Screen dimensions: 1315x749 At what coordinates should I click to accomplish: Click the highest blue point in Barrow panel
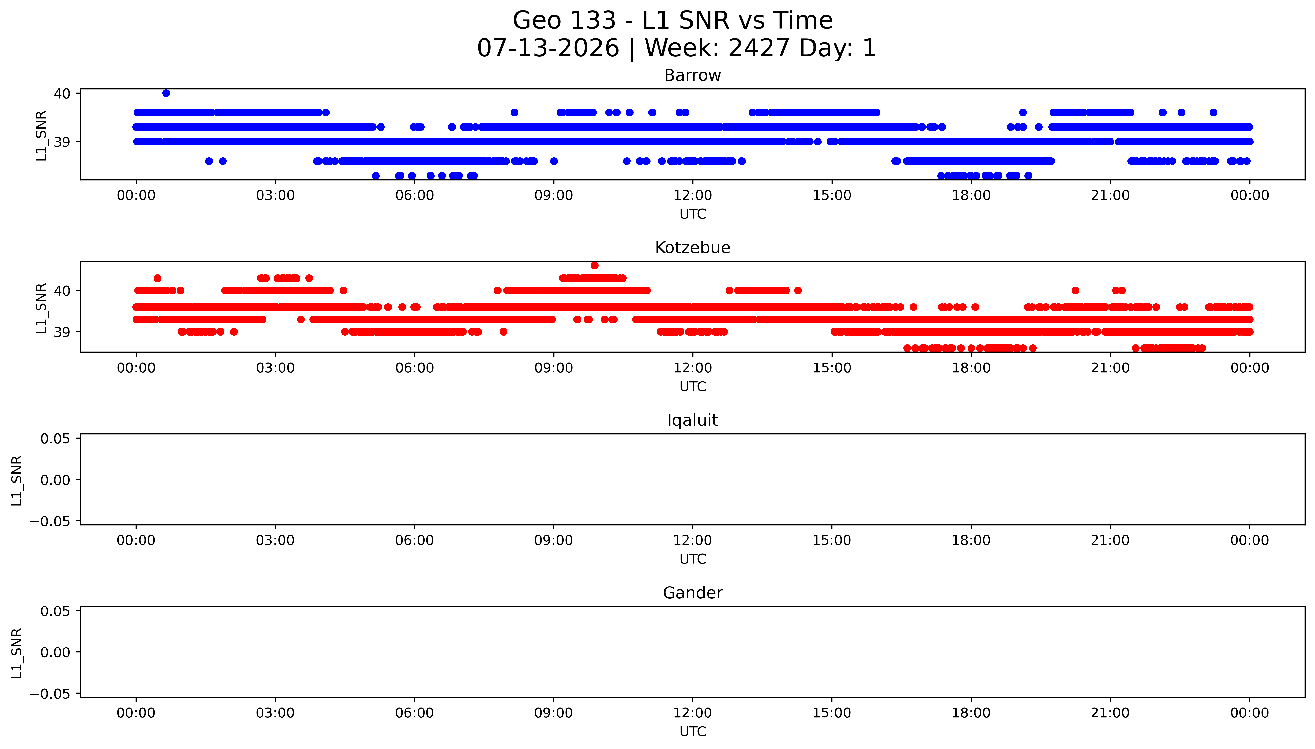166,93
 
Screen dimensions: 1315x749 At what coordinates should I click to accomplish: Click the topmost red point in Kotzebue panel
594,265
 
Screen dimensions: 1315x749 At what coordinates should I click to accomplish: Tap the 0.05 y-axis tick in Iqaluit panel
56,439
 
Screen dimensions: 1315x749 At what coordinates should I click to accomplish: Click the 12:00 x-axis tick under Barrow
693,196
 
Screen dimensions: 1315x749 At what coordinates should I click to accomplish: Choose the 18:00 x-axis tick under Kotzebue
971,368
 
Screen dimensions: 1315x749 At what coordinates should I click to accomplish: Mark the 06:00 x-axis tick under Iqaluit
415,540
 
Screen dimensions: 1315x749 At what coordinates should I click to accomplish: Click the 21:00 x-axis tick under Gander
1110,713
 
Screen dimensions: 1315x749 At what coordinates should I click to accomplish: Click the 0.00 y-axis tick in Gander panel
56,652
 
